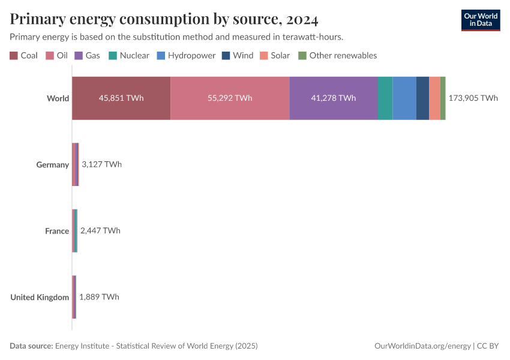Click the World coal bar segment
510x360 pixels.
(121, 98)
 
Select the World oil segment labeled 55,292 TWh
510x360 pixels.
(230, 98)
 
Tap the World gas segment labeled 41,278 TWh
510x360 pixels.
(334, 98)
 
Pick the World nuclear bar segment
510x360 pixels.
(385, 98)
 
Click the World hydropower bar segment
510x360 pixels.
(404, 98)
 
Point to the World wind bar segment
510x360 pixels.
(422, 98)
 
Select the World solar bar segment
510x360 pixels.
(434, 98)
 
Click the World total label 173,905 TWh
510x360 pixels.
(473, 98)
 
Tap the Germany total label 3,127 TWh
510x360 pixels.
(101, 164)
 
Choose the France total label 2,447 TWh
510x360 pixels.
(100, 230)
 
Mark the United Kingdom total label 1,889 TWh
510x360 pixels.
(99, 297)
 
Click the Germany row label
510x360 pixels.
(53, 164)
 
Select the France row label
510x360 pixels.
(57, 231)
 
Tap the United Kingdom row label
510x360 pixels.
(40, 297)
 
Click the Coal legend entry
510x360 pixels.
(24, 56)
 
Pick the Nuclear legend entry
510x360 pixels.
(129, 56)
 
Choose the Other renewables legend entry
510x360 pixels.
(338, 56)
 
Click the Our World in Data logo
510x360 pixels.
(480, 20)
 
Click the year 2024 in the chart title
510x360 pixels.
(302, 19)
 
